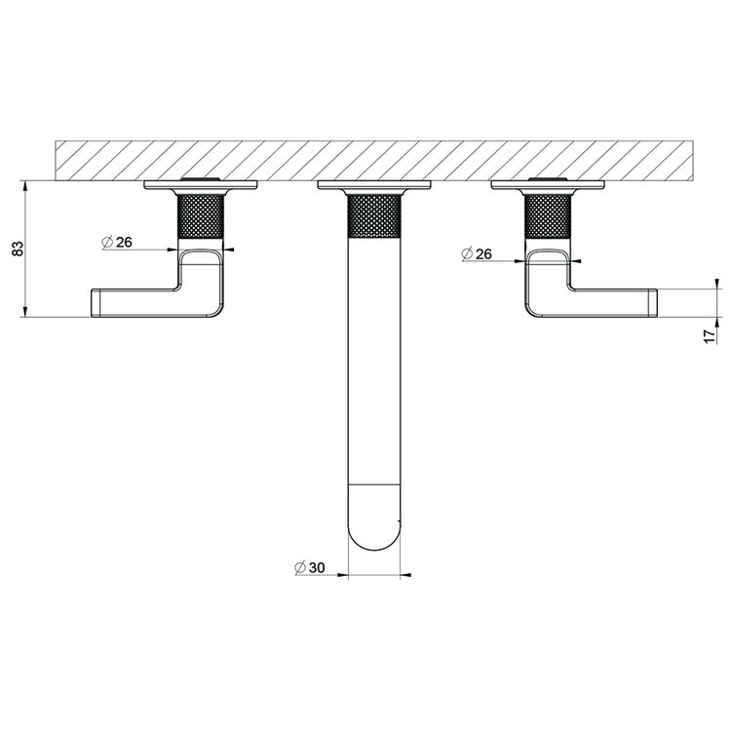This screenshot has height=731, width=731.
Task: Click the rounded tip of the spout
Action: coord(374,531)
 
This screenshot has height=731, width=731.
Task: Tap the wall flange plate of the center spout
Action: coord(374,186)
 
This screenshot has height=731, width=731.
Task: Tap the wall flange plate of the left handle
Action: coord(202,186)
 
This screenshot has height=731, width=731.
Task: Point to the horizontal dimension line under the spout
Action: coord(374,575)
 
